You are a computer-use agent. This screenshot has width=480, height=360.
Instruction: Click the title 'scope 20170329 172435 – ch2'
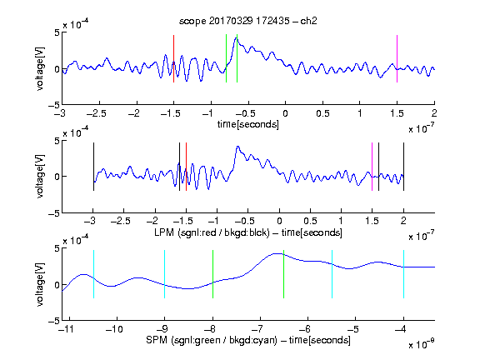(x=248, y=21)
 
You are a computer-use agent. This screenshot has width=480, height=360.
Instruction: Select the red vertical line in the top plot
(x=173, y=59)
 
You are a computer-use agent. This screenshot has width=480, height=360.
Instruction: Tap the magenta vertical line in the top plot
(x=397, y=59)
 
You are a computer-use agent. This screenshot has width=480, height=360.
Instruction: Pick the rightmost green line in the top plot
(x=237, y=58)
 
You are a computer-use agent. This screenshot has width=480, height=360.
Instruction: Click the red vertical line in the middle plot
(x=186, y=167)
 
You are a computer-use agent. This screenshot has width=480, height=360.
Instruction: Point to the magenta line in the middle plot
(x=372, y=167)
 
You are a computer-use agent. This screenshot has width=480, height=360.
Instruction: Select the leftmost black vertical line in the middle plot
(x=93, y=167)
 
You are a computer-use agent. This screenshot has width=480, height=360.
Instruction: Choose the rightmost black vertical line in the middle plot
(x=403, y=167)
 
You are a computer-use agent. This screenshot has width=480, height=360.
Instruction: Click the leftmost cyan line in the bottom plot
(x=93, y=274)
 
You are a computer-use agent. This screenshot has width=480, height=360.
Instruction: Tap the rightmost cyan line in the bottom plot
(x=403, y=274)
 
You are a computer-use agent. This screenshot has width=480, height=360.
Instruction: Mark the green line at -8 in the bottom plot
(x=212, y=274)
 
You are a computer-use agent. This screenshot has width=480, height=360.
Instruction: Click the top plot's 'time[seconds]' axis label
(x=248, y=124)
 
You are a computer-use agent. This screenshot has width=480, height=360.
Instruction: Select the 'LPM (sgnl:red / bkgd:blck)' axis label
(x=212, y=232)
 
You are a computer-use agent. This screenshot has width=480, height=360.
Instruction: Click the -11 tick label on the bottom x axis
(x=67, y=329)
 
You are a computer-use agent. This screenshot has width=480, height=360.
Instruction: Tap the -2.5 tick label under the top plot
(x=97, y=113)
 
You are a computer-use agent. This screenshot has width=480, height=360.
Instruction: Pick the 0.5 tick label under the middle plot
(x=310, y=221)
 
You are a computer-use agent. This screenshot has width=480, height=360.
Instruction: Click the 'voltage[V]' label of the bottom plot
(x=40, y=284)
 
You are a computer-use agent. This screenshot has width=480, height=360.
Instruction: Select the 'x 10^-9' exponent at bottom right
(x=421, y=344)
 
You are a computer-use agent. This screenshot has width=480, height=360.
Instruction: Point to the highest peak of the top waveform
(x=236, y=37)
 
